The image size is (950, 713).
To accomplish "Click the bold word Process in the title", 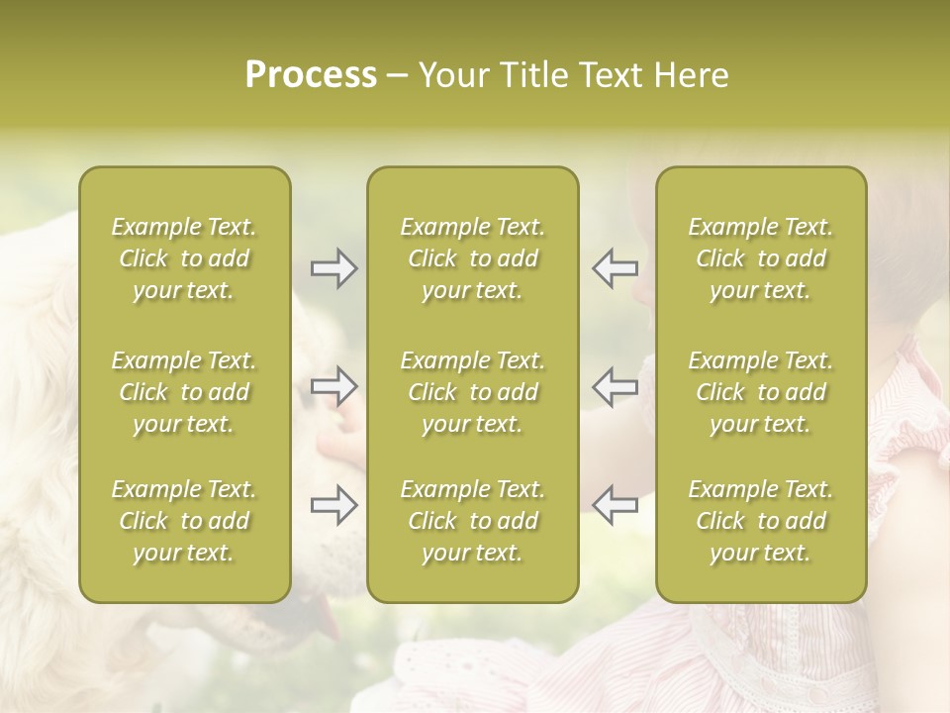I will click(x=310, y=74).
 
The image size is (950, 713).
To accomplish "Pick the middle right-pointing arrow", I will click(x=333, y=386).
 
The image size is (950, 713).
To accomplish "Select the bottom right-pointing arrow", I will click(x=333, y=506).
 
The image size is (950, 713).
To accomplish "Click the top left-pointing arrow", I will click(x=615, y=267).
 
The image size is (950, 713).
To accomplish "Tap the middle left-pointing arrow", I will click(x=615, y=386).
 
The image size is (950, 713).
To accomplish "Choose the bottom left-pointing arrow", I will click(x=615, y=504).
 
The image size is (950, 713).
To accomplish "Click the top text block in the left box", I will click(x=184, y=258).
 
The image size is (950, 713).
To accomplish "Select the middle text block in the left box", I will click(x=184, y=392).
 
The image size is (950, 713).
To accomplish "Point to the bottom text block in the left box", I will click(x=184, y=521).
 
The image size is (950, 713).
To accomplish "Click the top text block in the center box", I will click(x=472, y=258).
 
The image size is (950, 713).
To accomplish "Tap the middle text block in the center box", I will click(x=472, y=392).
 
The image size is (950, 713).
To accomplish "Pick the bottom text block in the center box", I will click(x=472, y=521).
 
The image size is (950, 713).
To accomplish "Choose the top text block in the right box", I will click(x=760, y=258).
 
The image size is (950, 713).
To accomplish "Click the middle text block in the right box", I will click(x=760, y=392).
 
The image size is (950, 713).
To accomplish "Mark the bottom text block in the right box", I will click(x=760, y=521).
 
